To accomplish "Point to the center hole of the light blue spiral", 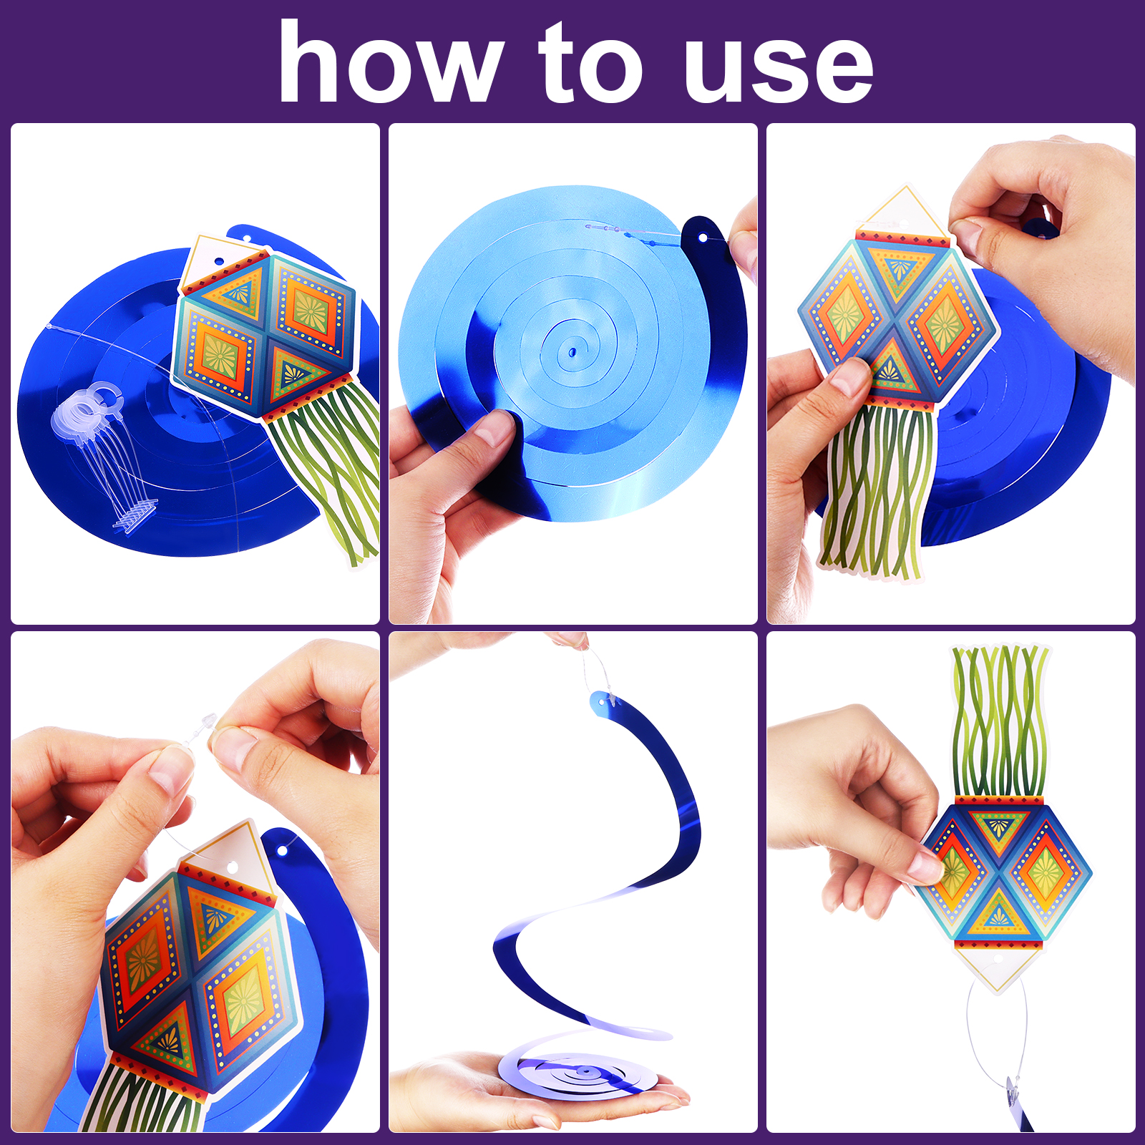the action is (x=572, y=352).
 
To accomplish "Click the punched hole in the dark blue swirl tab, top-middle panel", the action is (x=703, y=238).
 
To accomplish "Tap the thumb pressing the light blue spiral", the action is (x=494, y=437).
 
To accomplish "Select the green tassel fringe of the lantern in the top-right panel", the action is (x=877, y=494).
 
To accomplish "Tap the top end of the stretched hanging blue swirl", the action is (x=601, y=698).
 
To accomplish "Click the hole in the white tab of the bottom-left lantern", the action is (x=233, y=868).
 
